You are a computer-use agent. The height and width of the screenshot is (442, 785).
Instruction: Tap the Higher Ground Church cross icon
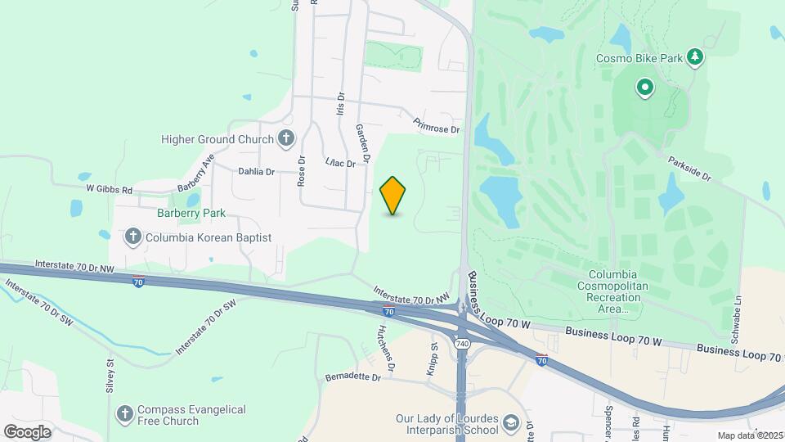[285, 139]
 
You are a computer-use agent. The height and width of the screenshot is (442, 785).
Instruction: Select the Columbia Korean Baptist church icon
[133, 237]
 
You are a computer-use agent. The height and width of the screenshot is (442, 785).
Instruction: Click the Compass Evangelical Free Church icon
[125, 414]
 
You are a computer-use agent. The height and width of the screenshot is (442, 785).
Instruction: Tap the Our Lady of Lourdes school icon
[511, 423]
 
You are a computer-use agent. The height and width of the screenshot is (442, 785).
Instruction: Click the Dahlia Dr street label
[256, 172]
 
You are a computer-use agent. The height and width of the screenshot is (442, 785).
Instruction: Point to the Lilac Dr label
[340, 163]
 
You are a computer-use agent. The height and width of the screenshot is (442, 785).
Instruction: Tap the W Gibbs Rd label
[110, 188]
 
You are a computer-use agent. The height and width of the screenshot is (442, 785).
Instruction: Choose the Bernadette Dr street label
[353, 377]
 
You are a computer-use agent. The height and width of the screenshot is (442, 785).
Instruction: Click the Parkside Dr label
[689, 168]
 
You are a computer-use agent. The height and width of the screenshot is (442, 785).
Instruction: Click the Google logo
[27, 431]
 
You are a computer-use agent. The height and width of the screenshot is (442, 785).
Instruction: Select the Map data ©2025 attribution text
[748, 435]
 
